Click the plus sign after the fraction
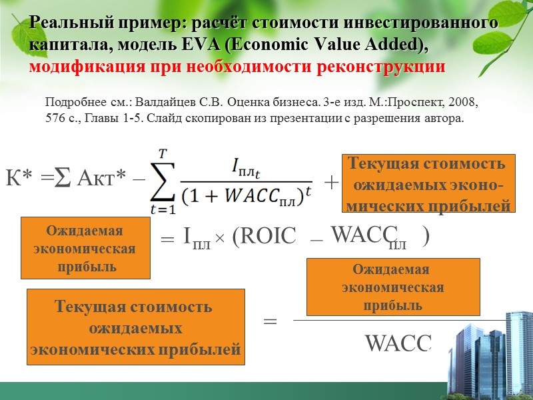(x=330, y=182)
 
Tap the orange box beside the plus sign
(x=428, y=184)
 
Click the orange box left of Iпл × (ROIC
(x=85, y=249)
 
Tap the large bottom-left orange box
(x=135, y=327)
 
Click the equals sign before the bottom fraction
(x=270, y=321)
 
